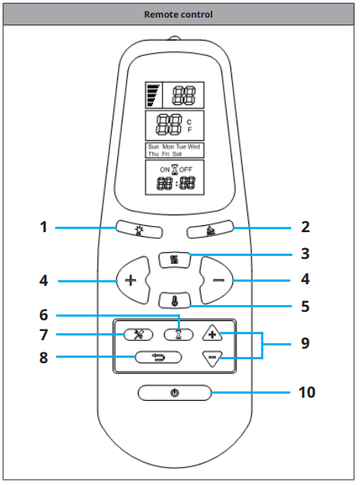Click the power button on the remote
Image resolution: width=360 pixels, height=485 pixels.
tap(175, 393)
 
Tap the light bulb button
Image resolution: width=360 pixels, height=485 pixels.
tap(139, 230)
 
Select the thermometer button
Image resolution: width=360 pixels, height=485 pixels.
tap(175, 300)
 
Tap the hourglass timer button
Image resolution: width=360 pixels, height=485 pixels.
tap(178, 334)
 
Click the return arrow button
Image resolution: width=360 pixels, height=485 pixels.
tap(159, 358)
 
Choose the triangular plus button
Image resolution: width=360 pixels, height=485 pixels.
tap(212, 333)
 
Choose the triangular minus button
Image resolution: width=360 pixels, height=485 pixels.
tap(212, 358)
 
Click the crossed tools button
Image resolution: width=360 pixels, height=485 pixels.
tap(138, 334)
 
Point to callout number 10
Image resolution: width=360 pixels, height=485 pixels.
tap(307, 392)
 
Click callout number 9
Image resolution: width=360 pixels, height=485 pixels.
tap(306, 343)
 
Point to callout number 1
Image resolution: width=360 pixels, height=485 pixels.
tap(44, 227)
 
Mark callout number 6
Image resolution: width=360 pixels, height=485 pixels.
tap(44, 315)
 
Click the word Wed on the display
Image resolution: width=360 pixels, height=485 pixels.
tap(194, 146)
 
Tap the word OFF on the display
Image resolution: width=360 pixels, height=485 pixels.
tap(186, 169)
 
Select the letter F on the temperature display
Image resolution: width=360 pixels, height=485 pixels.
tap(189, 130)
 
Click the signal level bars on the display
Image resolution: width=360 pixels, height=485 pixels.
tap(154, 95)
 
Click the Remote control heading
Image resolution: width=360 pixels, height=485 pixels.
tap(178, 15)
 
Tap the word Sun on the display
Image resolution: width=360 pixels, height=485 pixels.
tap(153, 146)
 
